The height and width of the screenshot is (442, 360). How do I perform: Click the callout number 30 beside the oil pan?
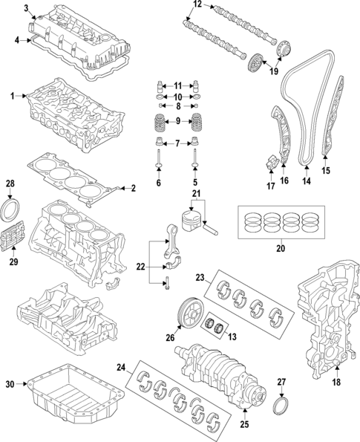coord(10,384)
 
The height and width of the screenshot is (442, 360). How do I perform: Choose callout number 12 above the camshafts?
coord(197,4)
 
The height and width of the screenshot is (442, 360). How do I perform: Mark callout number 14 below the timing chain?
coord(306,180)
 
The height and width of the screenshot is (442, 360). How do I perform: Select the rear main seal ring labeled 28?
coord(12,206)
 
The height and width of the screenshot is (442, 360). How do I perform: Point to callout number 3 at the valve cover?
coord(27,8)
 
